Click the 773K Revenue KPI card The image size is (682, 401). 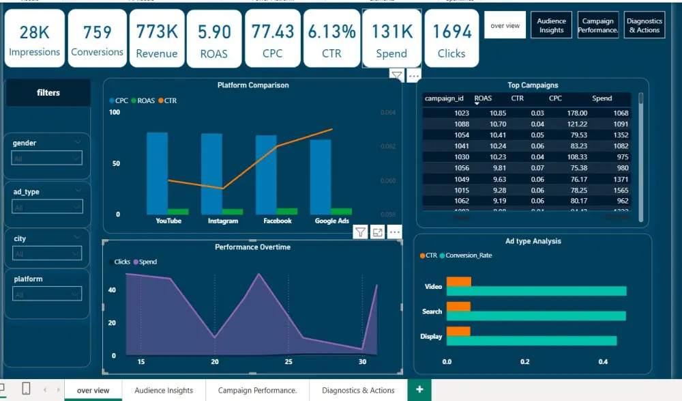(157, 39)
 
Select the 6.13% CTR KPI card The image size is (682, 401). (331, 39)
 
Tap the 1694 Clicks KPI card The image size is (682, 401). (451, 39)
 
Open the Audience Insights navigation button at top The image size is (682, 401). (551, 26)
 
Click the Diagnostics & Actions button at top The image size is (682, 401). (644, 26)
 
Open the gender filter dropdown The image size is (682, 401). (47, 158)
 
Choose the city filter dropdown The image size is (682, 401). (47, 254)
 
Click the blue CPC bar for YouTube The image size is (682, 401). (157, 174)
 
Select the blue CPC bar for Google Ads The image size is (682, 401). (321, 177)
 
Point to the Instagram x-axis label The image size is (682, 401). (223, 221)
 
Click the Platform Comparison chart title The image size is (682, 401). (252, 85)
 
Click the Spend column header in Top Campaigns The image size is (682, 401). (602, 98)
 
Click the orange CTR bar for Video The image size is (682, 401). (458, 281)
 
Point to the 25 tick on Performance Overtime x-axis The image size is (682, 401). (288, 362)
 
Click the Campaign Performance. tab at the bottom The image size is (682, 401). (257, 391)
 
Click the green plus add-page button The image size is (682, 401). (419, 389)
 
